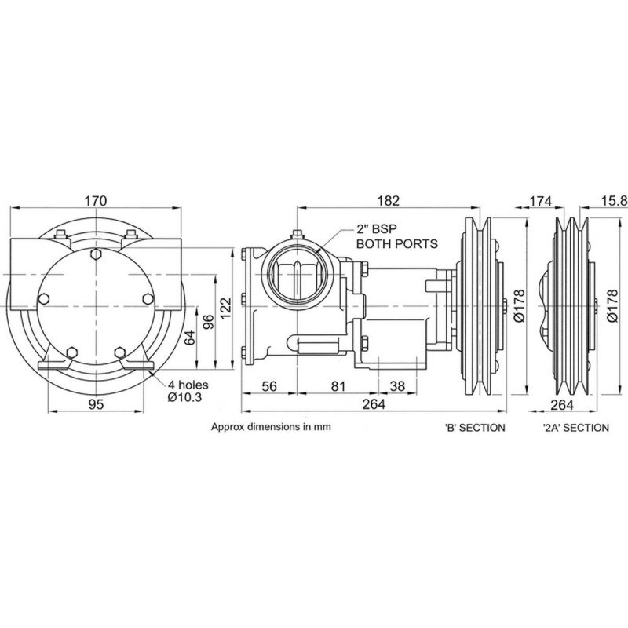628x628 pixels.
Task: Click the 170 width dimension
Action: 95,201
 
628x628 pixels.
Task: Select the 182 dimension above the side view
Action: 388,201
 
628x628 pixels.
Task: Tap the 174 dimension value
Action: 539,201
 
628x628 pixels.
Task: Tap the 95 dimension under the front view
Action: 96,404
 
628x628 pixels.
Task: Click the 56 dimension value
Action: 268,386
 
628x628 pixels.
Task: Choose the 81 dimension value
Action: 338,386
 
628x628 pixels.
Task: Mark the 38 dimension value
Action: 398,386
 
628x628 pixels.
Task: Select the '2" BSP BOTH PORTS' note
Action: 397,237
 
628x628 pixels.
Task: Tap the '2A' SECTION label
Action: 575,428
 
